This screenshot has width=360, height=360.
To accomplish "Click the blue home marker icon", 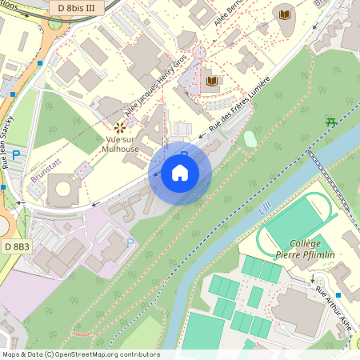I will [180, 173].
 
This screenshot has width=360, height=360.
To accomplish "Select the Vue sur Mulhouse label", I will [122, 143].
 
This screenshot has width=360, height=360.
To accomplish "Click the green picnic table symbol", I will [330, 121].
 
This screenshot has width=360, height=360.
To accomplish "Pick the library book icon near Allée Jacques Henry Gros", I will [212, 81].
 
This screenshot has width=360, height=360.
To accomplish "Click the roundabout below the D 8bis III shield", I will [54, 22].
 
